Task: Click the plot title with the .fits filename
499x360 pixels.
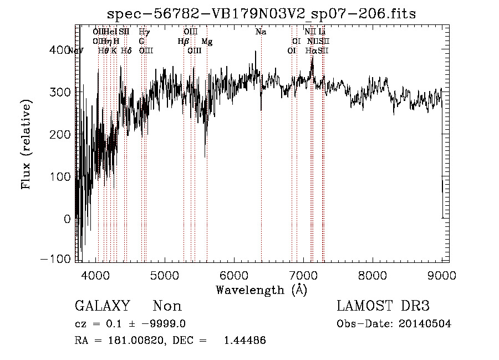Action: tap(261, 13)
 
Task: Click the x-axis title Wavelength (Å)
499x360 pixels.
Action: tap(261, 290)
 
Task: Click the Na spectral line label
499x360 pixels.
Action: tap(261, 32)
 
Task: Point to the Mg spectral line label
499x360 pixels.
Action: tap(207, 42)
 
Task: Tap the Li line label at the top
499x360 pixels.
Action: tap(322, 32)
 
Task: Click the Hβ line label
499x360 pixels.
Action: tap(183, 42)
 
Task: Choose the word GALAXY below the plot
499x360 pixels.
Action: tap(103, 306)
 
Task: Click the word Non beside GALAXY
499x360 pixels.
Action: tap(167, 306)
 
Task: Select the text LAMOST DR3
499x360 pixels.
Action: tap(383, 306)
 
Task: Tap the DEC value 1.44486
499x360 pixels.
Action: tap(245, 340)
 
